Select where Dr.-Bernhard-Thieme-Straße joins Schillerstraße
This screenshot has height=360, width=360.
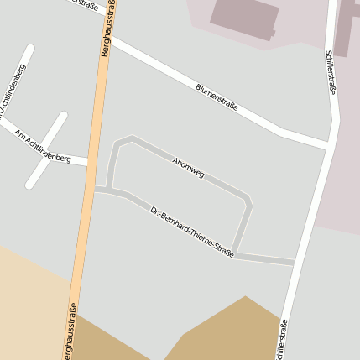point(296,263)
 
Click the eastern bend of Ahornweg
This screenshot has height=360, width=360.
point(248,201)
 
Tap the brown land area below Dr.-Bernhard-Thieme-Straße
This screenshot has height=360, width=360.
point(227,331)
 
